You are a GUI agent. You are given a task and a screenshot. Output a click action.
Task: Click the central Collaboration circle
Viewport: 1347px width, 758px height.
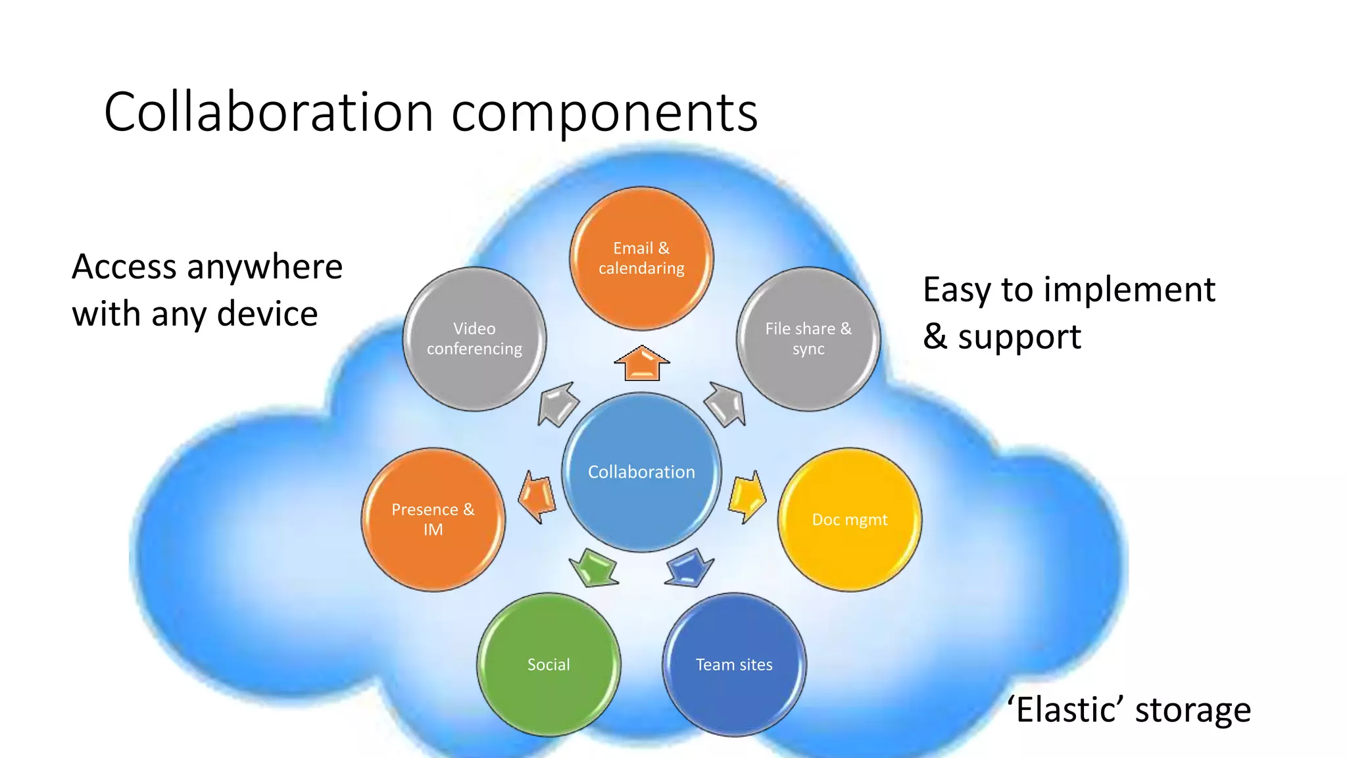click(x=641, y=472)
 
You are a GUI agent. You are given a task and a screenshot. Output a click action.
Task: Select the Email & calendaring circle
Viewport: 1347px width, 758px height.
click(x=641, y=259)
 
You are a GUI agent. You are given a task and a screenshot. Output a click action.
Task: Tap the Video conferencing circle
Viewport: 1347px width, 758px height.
click(x=474, y=339)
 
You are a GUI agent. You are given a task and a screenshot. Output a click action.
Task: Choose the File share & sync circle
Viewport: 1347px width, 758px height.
click(x=808, y=339)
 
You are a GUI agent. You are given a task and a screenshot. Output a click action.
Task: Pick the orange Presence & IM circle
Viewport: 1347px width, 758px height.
click(x=433, y=520)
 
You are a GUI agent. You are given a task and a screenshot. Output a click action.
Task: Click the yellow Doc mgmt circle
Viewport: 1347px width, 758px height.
click(x=850, y=520)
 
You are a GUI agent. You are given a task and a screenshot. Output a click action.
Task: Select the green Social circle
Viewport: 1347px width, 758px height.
click(x=549, y=665)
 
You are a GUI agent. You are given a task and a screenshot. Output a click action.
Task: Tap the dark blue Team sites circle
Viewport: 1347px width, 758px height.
click(x=734, y=665)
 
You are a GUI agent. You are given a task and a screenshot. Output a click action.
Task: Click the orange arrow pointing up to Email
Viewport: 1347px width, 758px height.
click(x=642, y=364)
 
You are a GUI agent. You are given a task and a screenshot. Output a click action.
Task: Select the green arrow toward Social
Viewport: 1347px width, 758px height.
click(x=594, y=567)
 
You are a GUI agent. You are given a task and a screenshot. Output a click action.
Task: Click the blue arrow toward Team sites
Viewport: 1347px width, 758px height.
click(x=689, y=567)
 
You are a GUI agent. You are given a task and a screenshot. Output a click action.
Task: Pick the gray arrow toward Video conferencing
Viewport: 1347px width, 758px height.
click(x=558, y=404)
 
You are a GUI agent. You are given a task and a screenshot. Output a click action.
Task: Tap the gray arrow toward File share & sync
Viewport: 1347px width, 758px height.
click(x=725, y=404)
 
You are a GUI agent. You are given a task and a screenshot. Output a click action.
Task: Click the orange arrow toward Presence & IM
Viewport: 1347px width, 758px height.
click(x=537, y=497)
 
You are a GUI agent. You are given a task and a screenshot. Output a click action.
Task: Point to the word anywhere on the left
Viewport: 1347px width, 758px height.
click(x=264, y=267)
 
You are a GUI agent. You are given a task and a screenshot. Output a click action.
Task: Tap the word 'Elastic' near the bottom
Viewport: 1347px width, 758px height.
click(x=1065, y=711)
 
